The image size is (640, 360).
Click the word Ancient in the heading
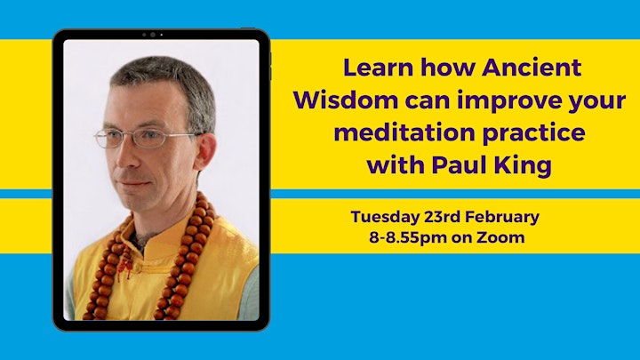click(532, 68)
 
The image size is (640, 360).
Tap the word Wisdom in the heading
click(345, 100)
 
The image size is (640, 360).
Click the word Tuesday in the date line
click(385, 218)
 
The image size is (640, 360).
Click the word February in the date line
click(502, 218)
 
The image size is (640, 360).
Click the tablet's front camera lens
click(153, 35)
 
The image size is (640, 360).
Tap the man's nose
click(125, 157)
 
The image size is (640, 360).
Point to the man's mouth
click(132, 184)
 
